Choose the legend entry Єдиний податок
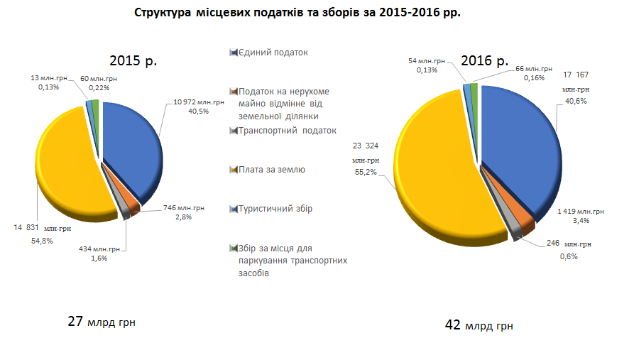point(273,53)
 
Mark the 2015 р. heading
point(133,61)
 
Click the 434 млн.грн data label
point(99,249)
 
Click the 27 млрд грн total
point(102,322)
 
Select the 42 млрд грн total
point(479,326)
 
